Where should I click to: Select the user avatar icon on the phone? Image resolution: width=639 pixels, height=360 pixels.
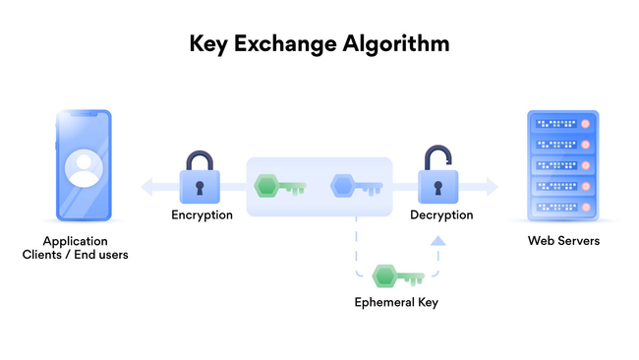click(83, 167)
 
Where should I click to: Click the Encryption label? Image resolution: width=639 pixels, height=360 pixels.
click(202, 214)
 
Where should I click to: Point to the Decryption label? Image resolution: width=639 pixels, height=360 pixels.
click(441, 214)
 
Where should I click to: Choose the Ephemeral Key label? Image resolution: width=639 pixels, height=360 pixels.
click(396, 302)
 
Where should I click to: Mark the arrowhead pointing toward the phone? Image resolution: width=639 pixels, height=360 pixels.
click(145, 185)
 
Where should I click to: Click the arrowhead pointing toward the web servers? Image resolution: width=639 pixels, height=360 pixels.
click(492, 185)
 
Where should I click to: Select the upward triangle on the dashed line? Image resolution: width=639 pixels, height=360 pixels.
click(437, 240)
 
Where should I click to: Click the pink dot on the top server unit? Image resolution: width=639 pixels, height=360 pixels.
click(587, 125)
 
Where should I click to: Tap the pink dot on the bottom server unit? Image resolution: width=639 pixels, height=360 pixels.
click(587, 207)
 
